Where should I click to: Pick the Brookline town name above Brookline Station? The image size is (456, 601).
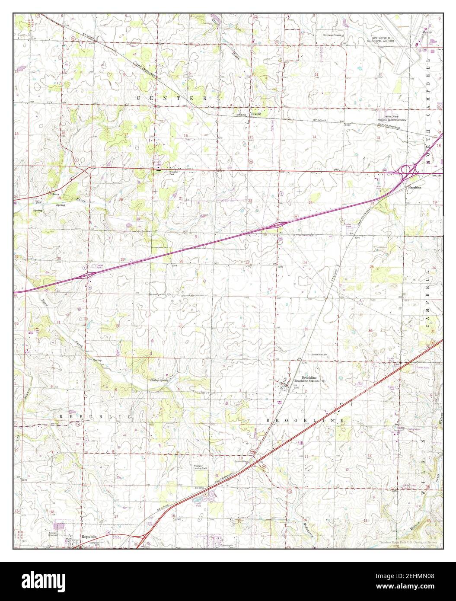(310, 377)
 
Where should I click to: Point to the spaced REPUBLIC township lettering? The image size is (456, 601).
(95, 416)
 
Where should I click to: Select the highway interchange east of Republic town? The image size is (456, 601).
(143, 538)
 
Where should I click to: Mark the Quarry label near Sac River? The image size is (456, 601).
(55, 194)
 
